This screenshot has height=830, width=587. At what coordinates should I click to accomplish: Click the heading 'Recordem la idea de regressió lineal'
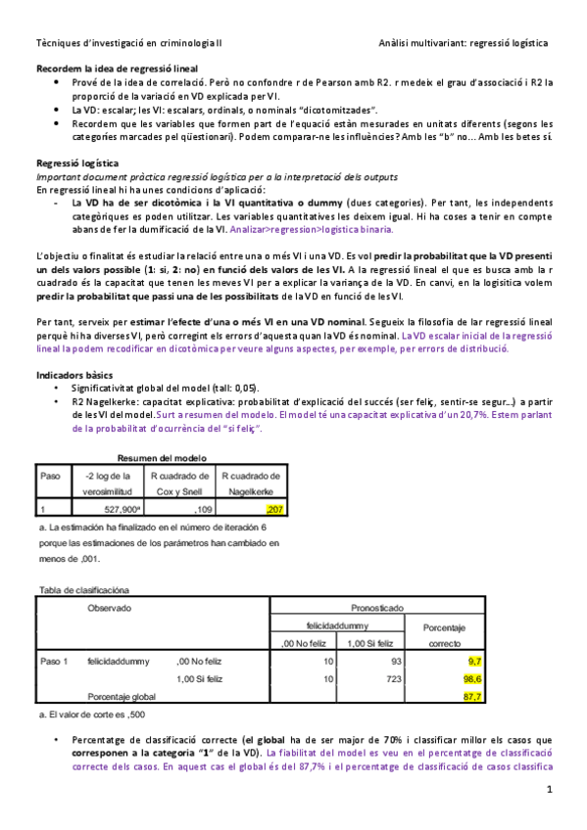pyautogui.click(x=117, y=69)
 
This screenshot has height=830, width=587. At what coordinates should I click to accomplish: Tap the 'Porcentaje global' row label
pyautogui.click(x=121, y=696)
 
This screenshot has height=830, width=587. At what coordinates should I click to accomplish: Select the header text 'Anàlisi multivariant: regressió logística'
pyautogui.click(x=464, y=43)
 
